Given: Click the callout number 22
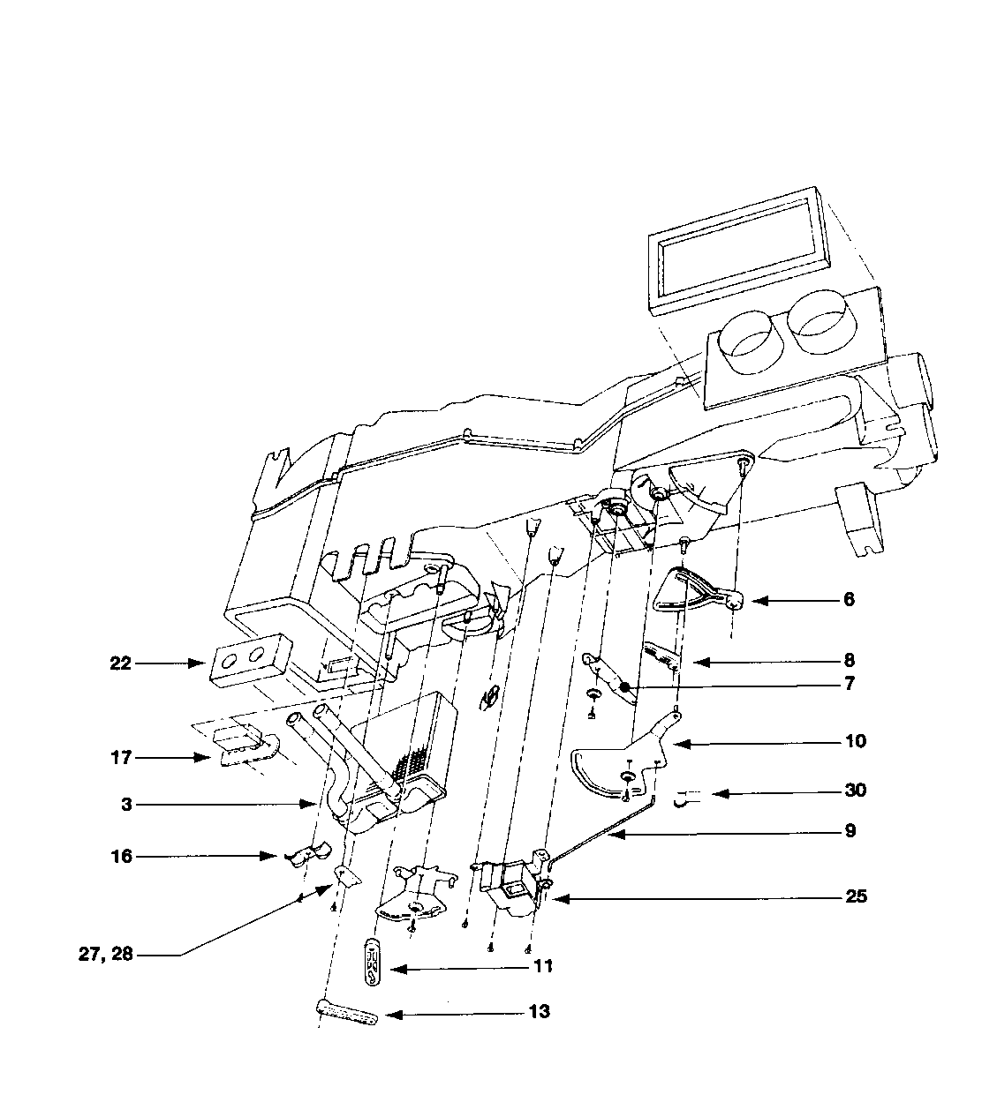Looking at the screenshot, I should [119, 663].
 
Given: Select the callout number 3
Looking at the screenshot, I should [128, 805].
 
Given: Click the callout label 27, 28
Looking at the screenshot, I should [105, 954].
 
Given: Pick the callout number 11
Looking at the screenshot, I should [542, 967].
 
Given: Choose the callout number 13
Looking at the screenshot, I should [539, 1012].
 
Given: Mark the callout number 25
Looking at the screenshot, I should [856, 897].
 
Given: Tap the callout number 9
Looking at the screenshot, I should [850, 831].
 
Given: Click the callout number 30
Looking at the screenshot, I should [855, 791].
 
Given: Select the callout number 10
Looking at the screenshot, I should [855, 741].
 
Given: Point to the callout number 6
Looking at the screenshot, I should [849, 600].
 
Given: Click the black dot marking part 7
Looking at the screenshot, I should [624, 687].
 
